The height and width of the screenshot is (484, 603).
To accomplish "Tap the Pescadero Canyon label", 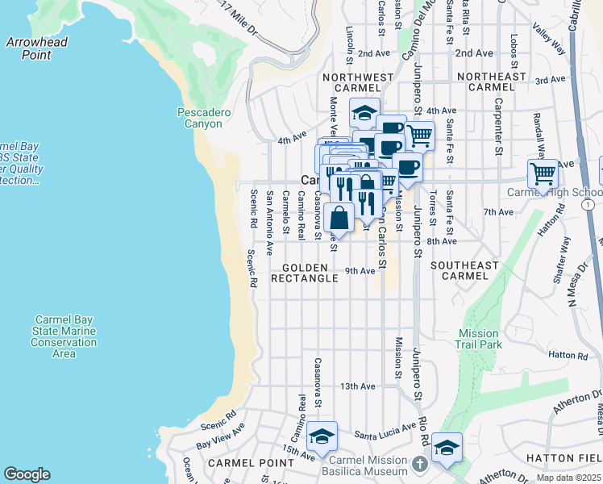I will coord(204,119).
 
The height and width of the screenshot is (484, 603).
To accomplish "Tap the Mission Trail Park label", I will coord(480,339).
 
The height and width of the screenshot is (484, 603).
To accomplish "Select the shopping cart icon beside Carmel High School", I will coord(543,173).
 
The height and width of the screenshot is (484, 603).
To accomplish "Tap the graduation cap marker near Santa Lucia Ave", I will coord(322,436).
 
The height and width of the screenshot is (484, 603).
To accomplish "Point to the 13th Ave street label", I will coord(358,386).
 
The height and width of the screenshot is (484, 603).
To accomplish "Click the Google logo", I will coord(27,474).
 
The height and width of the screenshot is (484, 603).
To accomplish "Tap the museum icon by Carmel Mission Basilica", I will coord(420,465).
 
